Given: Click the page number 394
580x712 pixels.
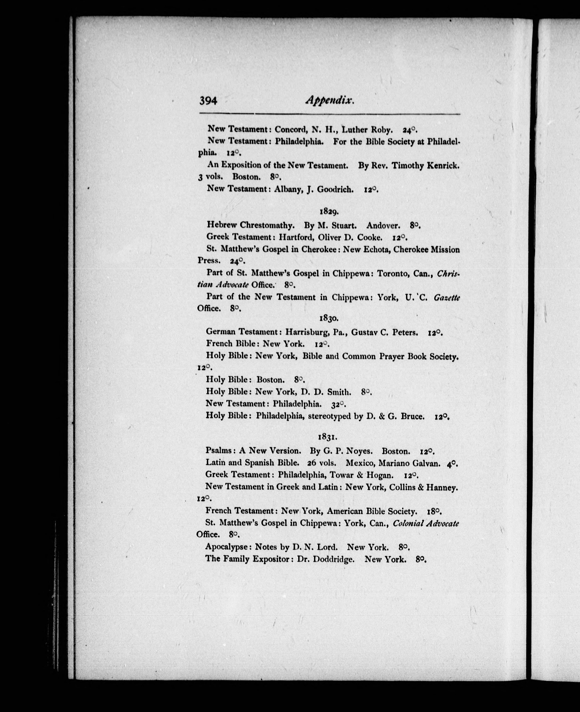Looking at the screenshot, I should pos(208,100).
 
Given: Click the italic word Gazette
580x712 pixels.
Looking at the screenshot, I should pos(446,297).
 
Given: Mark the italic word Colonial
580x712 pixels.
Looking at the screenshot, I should pos(409,523).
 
